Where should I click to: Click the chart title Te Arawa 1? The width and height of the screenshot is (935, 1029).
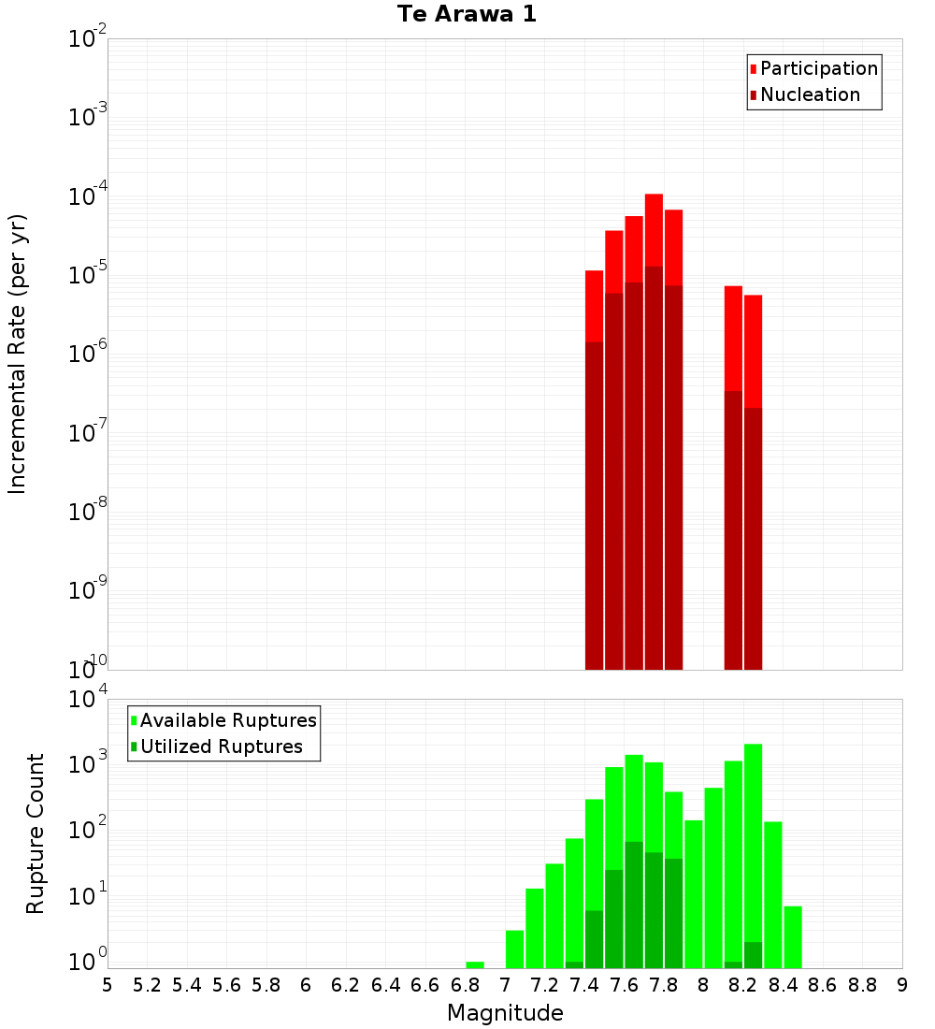467,15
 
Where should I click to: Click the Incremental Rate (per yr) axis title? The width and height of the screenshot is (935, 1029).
17,354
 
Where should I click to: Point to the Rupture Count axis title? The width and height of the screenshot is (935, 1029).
36,833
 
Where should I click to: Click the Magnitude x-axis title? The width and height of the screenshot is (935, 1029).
505,1013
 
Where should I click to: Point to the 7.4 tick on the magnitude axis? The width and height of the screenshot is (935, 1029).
584,985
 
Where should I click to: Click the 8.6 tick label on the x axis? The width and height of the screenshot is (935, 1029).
823,985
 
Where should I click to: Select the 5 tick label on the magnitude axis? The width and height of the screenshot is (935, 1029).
108,985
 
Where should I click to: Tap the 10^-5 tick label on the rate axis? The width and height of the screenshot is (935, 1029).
87,275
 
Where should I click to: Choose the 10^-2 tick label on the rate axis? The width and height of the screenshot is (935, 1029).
87,39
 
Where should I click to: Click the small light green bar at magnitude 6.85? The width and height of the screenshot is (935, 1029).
475,964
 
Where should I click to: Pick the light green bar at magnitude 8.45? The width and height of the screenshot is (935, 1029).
793,936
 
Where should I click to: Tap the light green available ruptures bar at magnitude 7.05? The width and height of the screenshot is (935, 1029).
514,949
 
